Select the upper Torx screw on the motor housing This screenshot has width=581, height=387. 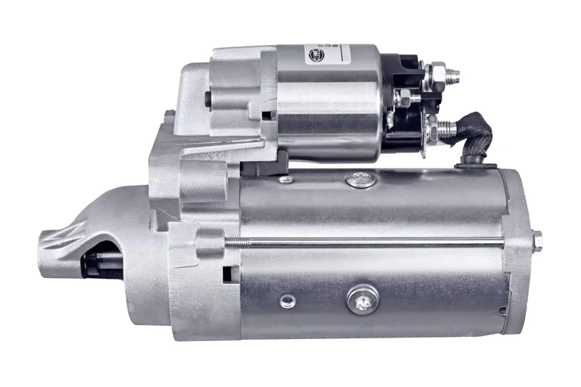[x=361, y=179]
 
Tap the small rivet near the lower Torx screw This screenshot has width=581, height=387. [x=288, y=300]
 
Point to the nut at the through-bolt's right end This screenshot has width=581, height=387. [x=536, y=240]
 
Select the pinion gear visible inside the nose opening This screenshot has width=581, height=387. [x=94, y=261]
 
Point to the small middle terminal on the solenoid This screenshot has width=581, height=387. [x=407, y=97]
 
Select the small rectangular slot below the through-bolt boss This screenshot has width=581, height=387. [x=227, y=274]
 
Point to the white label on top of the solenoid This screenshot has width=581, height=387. [x=341, y=53]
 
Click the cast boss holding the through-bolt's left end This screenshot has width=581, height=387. [x=207, y=242]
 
